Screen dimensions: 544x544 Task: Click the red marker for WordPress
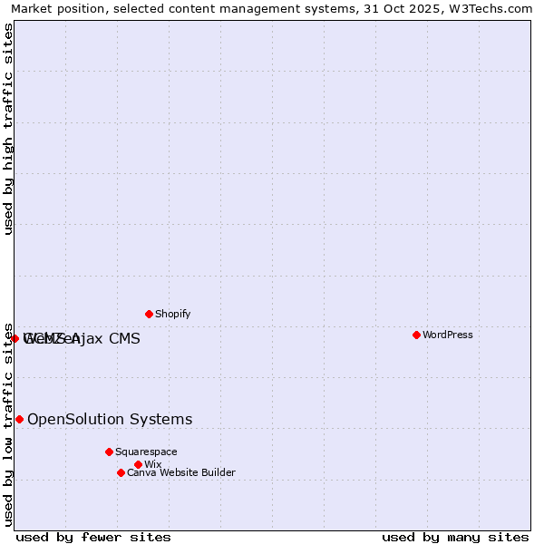416,335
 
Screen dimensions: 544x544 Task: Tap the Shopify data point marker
149,314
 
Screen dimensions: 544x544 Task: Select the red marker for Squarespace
109,452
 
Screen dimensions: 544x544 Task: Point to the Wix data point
138,464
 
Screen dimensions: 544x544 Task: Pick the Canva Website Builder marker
121,472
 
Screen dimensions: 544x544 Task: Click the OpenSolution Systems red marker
19,419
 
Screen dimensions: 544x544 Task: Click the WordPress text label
448,335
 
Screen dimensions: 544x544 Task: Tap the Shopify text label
172,314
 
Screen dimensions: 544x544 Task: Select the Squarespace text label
146,452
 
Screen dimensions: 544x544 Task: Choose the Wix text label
152,464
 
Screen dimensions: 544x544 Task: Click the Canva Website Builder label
181,472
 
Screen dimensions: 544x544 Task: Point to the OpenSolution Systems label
110,419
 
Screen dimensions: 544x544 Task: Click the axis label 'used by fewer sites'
93,537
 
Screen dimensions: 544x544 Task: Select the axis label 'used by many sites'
455,537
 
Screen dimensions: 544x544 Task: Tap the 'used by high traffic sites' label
8,129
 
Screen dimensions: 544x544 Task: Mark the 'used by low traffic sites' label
8,424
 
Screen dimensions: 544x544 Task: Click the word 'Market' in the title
31,8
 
